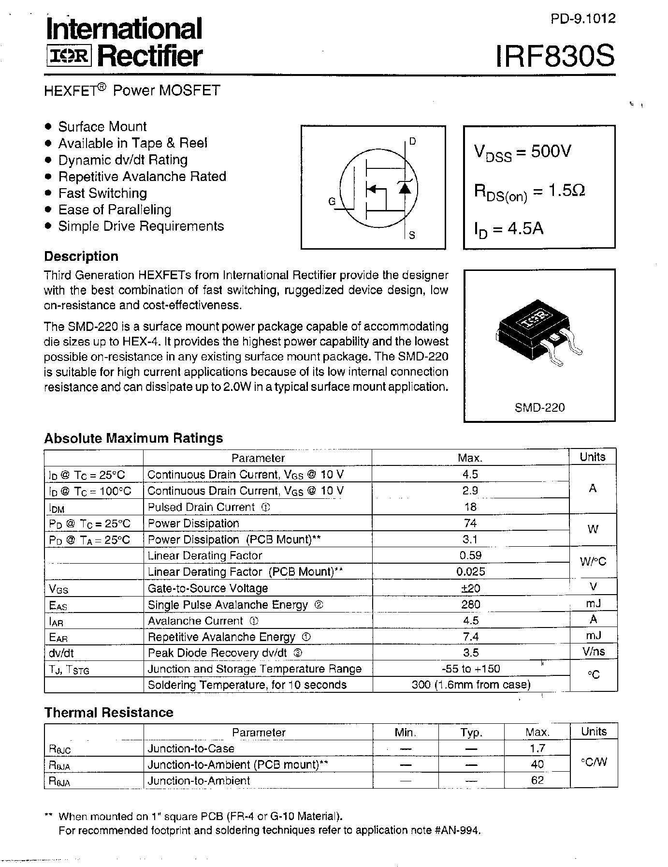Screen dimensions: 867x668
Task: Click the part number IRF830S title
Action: [x=555, y=56]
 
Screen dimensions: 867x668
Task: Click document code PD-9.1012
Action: [x=583, y=19]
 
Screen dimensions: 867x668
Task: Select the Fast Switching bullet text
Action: [x=102, y=193]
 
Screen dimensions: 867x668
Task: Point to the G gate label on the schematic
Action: [x=332, y=201]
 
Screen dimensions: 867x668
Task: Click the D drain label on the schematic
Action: [x=412, y=142]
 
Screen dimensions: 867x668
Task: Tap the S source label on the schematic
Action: [x=412, y=236]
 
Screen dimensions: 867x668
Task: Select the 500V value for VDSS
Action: [x=551, y=151]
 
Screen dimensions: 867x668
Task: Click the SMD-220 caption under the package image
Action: [x=539, y=407]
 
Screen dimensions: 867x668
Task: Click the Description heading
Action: [x=81, y=256]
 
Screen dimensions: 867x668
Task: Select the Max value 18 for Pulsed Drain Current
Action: [x=470, y=507]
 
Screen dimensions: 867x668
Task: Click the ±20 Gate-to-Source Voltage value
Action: [x=470, y=588]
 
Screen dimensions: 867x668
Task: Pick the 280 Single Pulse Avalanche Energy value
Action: [x=470, y=604]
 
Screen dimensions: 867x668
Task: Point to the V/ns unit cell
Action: [x=594, y=652]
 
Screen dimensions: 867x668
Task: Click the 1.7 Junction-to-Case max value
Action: [x=537, y=748]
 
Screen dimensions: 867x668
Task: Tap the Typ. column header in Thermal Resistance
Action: [x=471, y=732]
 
